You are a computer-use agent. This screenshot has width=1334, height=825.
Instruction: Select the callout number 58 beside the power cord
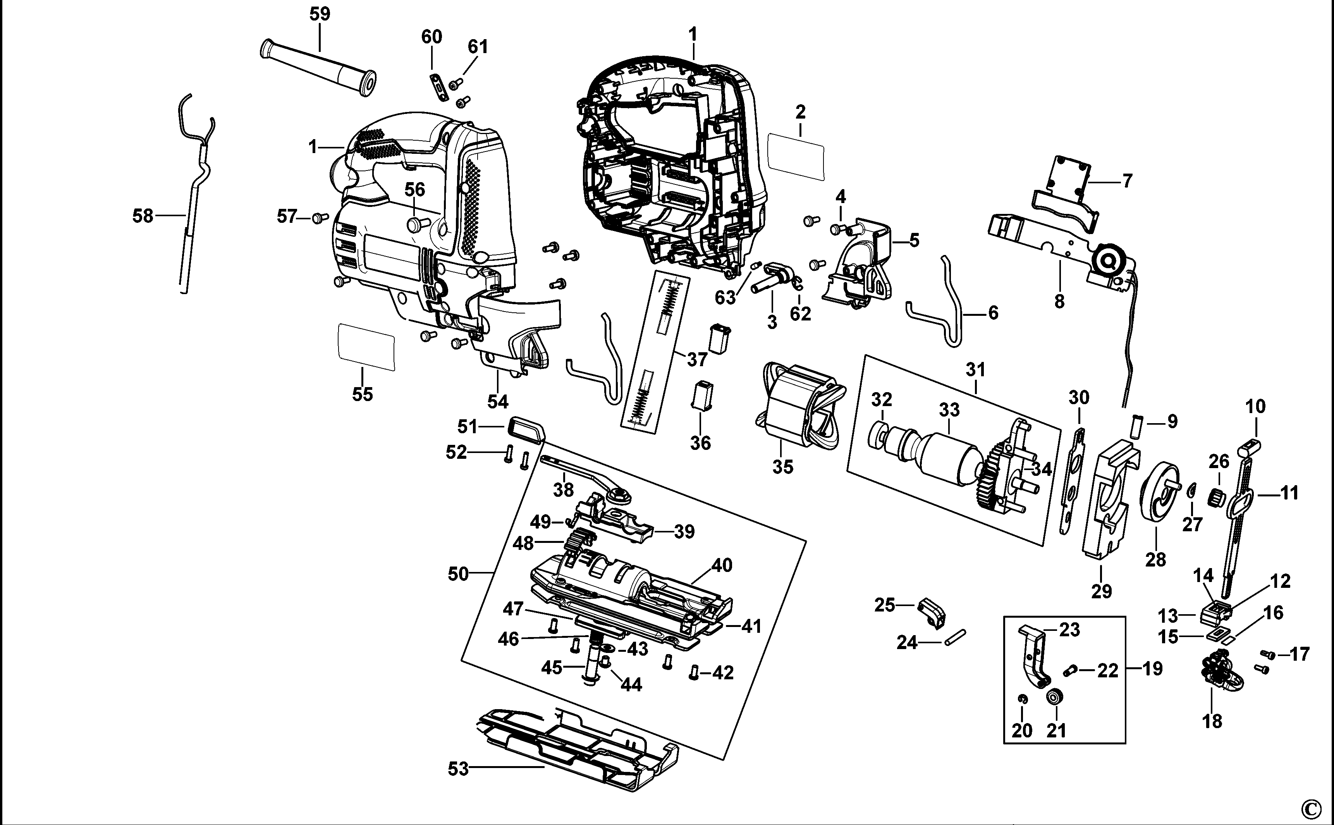coord(143,216)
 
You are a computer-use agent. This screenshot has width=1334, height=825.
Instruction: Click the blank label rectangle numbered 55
coord(366,348)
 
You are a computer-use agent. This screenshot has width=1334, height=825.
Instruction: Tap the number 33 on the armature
coord(949,410)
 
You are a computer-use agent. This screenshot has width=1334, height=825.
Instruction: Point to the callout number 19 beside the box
coord(1152,669)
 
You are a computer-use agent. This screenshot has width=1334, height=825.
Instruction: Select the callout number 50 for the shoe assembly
coord(458,574)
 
